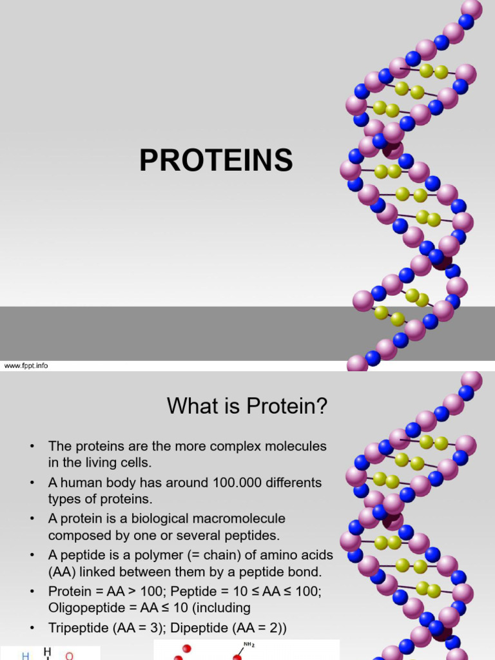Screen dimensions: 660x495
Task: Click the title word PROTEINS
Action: tap(216, 160)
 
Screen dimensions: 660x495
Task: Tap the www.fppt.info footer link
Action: tap(26, 365)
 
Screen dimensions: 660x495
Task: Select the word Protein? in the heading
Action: tap(290, 406)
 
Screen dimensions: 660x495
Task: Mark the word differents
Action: tap(293, 482)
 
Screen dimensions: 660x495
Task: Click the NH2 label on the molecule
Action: tap(247, 643)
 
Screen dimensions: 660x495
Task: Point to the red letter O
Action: tap(70, 655)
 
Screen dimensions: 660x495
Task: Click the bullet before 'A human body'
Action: tap(30, 483)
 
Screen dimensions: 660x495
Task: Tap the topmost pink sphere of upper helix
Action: tap(472, 8)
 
